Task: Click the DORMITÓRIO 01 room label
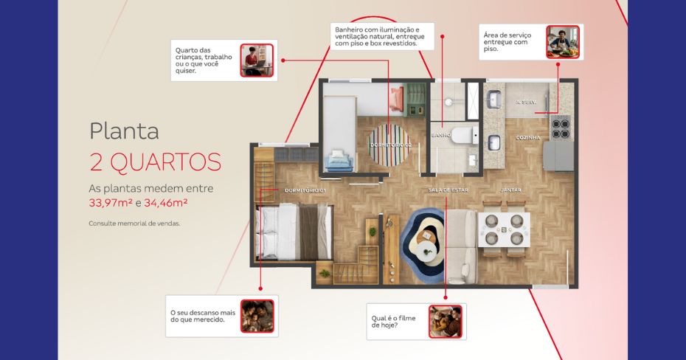pyautogui.click(x=305, y=190)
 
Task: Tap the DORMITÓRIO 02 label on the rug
pyautogui.click(x=391, y=145)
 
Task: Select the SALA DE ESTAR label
pyautogui.click(x=448, y=190)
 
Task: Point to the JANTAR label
pyautogui.click(x=510, y=190)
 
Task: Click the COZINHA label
pyautogui.click(x=528, y=138)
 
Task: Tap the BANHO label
pyautogui.click(x=440, y=135)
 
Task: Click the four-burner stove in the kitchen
pyautogui.click(x=561, y=128)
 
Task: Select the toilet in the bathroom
pyautogui.click(x=465, y=135)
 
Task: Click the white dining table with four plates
pyautogui.click(x=504, y=229)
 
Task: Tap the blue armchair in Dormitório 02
pyautogui.click(x=339, y=161)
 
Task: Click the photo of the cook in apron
pyautogui.click(x=563, y=42)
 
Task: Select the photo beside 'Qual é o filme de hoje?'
pyautogui.click(x=446, y=322)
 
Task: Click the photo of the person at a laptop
pyautogui.click(x=257, y=60)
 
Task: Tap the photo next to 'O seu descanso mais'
pyautogui.click(x=257, y=316)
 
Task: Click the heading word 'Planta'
pyautogui.click(x=124, y=131)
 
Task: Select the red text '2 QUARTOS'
pyautogui.click(x=156, y=162)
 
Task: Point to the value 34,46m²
pyautogui.click(x=166, y=203)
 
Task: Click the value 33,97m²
pyautogui.click(x=111, y=203)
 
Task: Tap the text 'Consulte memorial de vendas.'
pyautogui.click(x=134, y=224)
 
